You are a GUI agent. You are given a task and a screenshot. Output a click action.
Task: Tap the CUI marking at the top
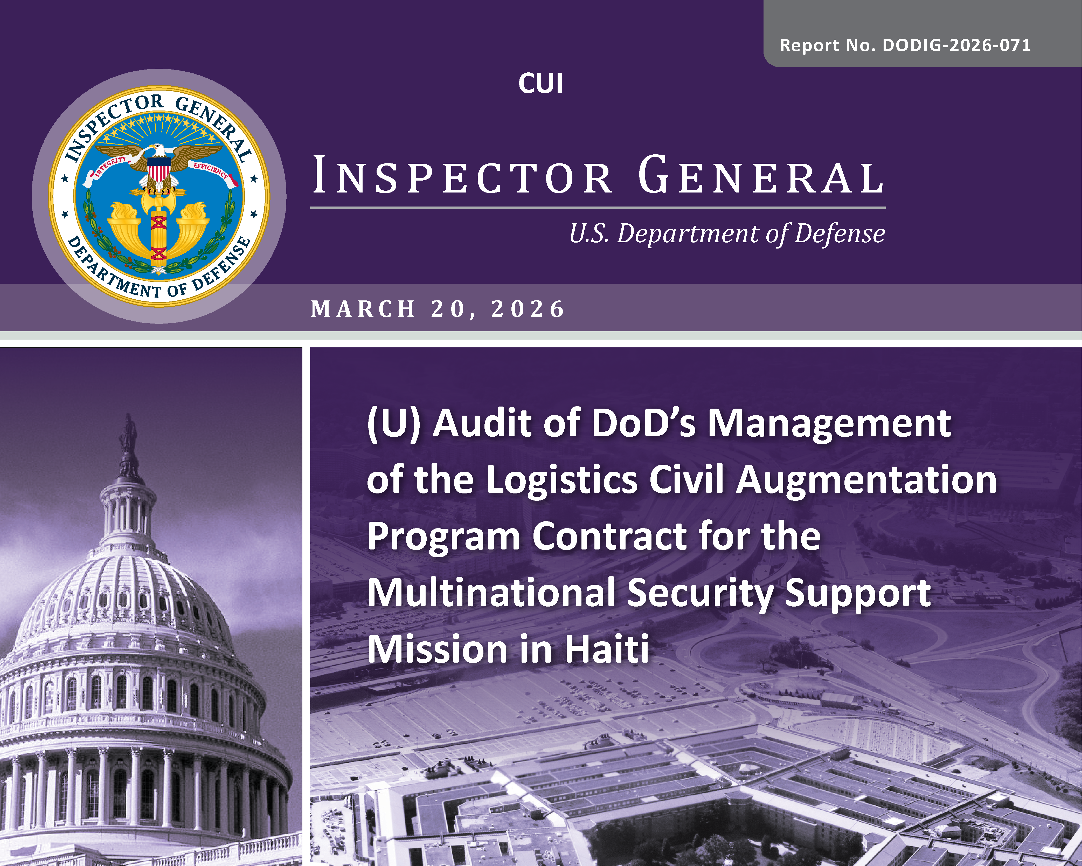tap(540, 83)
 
